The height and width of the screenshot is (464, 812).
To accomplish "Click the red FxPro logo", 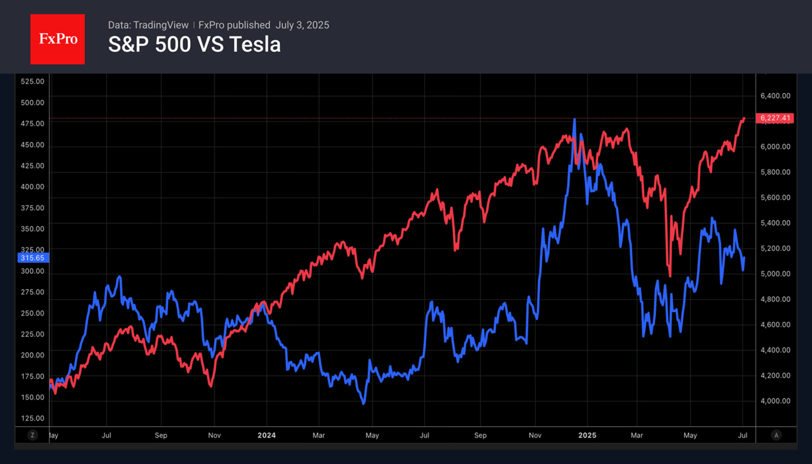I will [57, 39].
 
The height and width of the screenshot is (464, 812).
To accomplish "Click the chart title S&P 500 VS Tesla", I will [194, 45].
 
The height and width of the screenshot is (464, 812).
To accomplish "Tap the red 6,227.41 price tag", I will [777, 118].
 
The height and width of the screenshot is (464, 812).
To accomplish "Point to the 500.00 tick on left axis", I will [32, 102].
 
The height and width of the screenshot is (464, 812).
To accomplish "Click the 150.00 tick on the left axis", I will [32, 397].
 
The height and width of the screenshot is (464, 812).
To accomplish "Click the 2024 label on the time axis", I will [266, 436].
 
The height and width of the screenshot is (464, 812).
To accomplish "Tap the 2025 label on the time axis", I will [587, 436].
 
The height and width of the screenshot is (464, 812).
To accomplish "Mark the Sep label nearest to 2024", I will [161, 436].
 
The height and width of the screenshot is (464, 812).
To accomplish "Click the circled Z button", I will [32, 435].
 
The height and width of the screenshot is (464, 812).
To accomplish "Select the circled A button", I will [776, 435].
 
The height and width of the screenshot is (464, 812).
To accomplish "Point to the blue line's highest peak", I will [574, 120].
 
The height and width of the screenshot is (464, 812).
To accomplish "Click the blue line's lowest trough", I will [363, 403].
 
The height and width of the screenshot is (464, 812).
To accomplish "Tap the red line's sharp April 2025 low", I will [670, 276].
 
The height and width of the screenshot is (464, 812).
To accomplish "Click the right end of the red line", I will [744, 118].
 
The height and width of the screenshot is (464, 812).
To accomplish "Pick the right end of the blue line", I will [744, 258].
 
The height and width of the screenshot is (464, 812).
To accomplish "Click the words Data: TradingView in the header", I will [148, 25].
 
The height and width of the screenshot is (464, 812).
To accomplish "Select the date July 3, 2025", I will [302, 25].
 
